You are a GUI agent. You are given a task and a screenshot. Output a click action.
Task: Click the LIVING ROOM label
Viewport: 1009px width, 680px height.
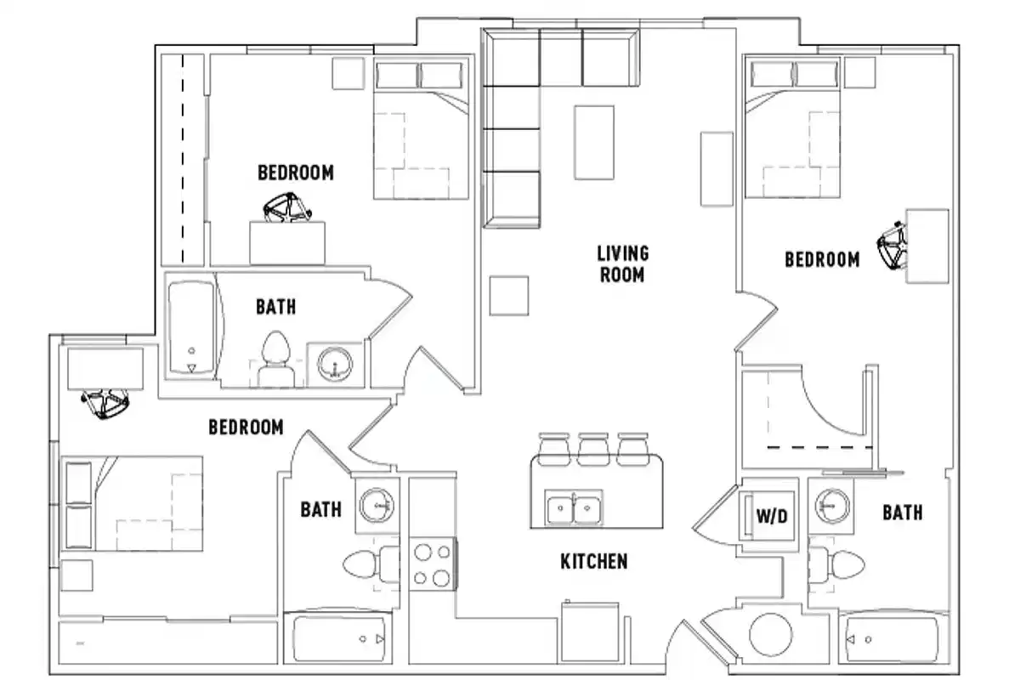[x=622, y=263]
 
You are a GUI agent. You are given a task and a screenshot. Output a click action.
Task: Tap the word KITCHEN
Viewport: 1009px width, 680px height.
[x=593, y=561]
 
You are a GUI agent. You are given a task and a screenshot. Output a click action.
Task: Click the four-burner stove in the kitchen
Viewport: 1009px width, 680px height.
[x=431, y=564]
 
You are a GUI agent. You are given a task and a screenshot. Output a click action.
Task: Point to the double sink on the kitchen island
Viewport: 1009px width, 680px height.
[x=573, y=508]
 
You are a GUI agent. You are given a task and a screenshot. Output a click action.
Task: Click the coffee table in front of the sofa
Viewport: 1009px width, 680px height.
[x=594, y=140]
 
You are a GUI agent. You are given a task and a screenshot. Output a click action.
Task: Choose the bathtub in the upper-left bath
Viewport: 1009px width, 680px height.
[x=191, y=328]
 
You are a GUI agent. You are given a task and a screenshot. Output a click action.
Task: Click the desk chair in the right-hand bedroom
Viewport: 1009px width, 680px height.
[x=893, y=246]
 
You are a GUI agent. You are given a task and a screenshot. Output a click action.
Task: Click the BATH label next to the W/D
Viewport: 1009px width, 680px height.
[x=902, y=513]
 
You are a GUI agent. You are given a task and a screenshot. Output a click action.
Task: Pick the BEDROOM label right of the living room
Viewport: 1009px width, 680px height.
[x=821, y=259]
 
